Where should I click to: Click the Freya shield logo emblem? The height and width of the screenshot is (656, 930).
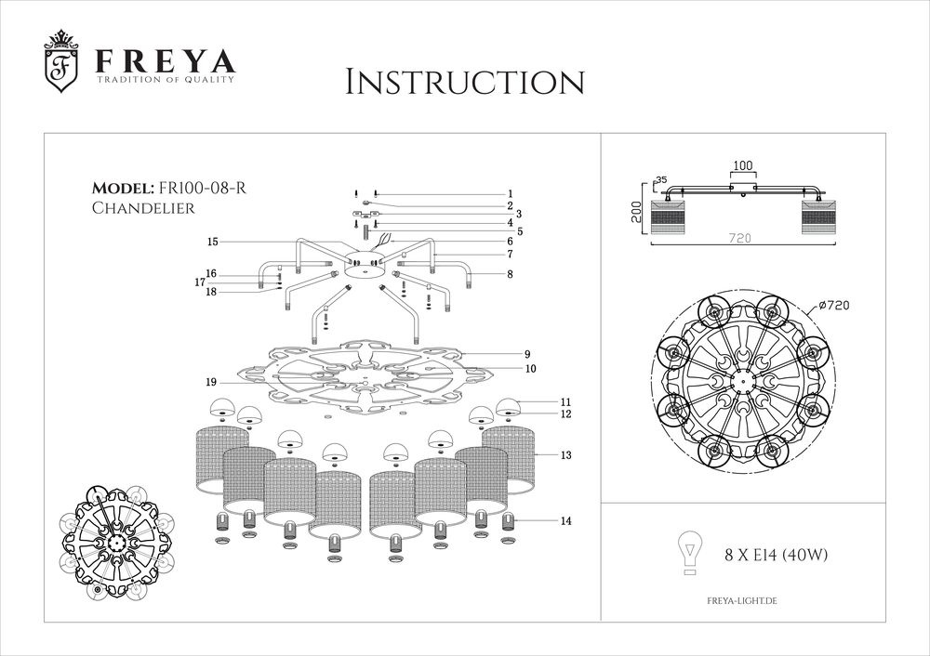pyautogui.click(x=62, y=66)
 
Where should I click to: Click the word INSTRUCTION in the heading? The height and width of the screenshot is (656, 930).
pyautogui.click(x=464, y=81)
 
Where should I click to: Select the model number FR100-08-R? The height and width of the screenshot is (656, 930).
pyautogui.click(x=204, y=188)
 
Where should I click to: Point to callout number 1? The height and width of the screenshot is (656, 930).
pyautogui.click(x=510, y=192)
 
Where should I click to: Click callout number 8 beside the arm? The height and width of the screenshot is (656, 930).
pyautogui.click(x=510, y=274)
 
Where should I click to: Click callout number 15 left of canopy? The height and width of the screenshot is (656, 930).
pyautogui.click(x=212, y=242)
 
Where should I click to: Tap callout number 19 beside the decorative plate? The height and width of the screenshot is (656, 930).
pyautogui.click(x=212, y=382)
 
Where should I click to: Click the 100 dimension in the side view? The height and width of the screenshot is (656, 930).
pyautogui.click(x=742, y=165)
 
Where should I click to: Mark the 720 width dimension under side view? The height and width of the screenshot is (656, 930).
pyautogui.click(x=741, y=239)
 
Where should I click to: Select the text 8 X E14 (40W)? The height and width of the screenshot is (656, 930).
pyautogui.click(x=776, y=556)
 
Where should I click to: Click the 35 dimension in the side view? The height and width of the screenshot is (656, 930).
pyautogui.click(x=661, y=180)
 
